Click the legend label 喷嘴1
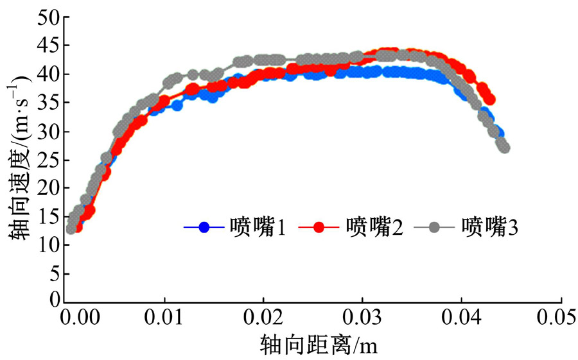coord(257,227)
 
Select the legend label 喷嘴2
coord(374,227)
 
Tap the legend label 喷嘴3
coord(489,227)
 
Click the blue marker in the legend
coord(204,227)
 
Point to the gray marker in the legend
coord(435,227)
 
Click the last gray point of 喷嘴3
coord(504,148)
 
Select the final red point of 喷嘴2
coord(489,99)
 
